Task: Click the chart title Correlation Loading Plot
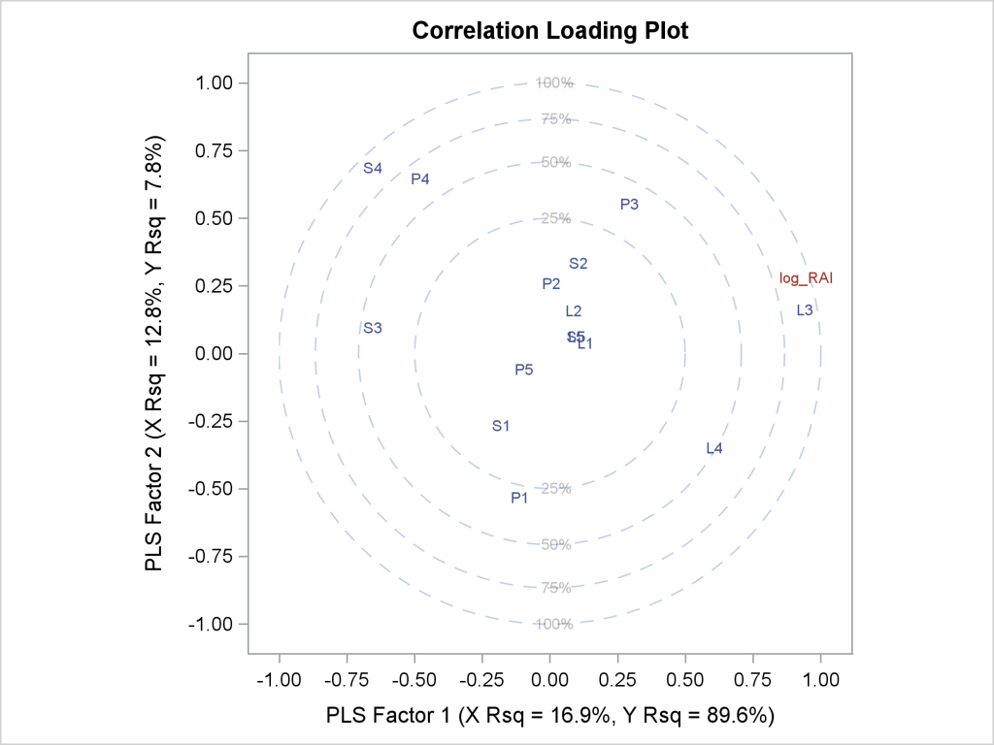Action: coord(549,31)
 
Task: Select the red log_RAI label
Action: coord(806,278)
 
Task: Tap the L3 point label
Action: coord(805,310)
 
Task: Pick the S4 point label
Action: coord(373,168)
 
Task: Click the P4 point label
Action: coord(419,178)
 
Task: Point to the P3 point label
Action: coord(629,204)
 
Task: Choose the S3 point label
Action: coord(373,328)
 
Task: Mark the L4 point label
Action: coord(714,448)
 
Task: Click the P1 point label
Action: coord(519,498)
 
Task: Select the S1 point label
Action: coord(501,426)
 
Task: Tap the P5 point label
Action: coord(524,370)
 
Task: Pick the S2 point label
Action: coord(579,263)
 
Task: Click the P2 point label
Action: coord(550,284)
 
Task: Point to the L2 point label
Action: coord(573,311)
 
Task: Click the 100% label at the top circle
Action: coord(554,82)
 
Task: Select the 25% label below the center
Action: coord(554,488)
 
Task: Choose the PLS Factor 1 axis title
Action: coord(549,716)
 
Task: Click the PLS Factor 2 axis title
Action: coord(154,353)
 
